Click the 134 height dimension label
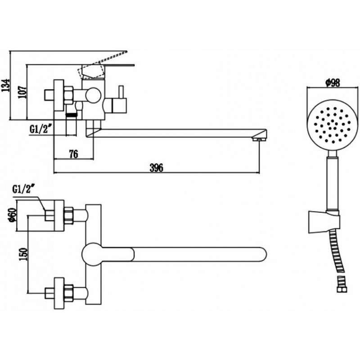click(x=6, y=85)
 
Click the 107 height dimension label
click(x=22, y=92)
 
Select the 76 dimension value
click(x=74, y=154)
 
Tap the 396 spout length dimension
click(x=157, y=167)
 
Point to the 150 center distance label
click(x=24, y=254)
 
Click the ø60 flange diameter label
click(x=12, y=215)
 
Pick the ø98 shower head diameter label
click(x=333, y=83)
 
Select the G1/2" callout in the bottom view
click(x=24, y=189)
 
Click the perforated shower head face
click(x=333, y=126)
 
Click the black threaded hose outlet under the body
click(x=72, y=114)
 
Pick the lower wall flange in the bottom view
click(x=59, y=293)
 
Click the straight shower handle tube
click(x=333, y=184)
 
